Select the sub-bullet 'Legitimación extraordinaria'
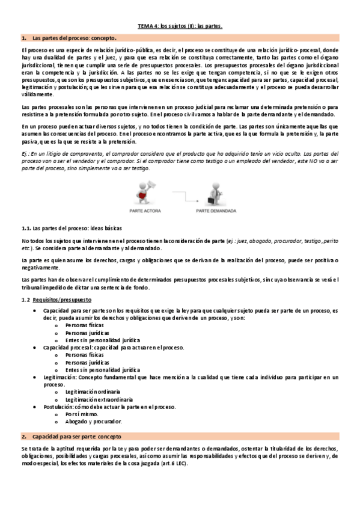point(99,399)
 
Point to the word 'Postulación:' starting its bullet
point(59,407)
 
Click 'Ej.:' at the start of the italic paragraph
point(26,154)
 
